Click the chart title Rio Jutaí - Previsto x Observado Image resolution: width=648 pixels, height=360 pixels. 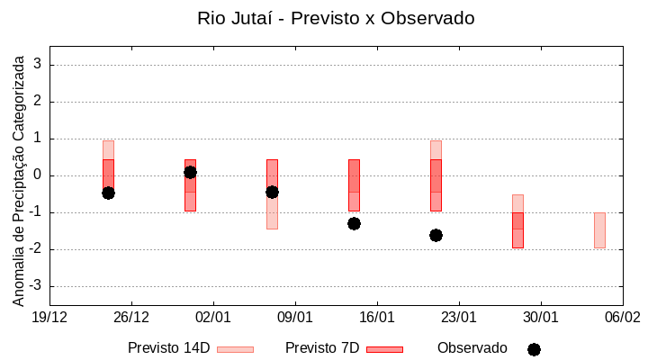[x=336, y=18]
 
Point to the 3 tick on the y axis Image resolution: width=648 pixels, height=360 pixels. [x=38, y=65]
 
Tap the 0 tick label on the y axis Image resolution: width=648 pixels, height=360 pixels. [x=38, y=175]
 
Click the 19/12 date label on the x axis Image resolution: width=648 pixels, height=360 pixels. [x=49, y=317]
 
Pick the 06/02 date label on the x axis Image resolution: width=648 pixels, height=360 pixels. [x=622, y=317]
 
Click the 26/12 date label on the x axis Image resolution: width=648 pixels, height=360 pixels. [x=131, y=317]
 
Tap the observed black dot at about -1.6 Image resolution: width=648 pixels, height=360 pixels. [x=436, y=235]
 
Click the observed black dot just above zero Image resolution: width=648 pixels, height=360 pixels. [x=190, y=172]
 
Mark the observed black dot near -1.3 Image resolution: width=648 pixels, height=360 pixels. [x=354, y=223]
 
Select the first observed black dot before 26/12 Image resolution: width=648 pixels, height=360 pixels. [x=108, y=193]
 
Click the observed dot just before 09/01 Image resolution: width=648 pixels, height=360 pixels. [x=272, y=192]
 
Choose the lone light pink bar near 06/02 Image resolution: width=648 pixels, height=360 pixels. [x=599, y=230]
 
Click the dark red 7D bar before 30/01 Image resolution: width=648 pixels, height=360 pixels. [x=517, y=230]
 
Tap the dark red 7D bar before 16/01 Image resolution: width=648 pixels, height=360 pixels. [x=354, y=184]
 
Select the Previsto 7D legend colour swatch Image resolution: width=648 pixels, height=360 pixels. [x=384, y=349]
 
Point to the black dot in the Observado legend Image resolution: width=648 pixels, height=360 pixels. [x=534, y=349]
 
